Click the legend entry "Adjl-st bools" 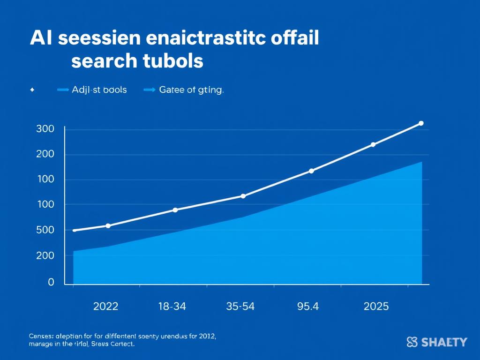tap(99, 90)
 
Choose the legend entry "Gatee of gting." tap(191, 90)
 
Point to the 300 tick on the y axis tap(45, 129)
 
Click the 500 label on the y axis tap(45, 230)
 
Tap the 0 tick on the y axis tap(51, 282)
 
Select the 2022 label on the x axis tap(106, 307)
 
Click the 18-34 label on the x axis tap(172, 307)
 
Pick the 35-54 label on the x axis tap(240, 307)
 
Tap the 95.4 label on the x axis tap(308, 307)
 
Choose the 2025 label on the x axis tap(376, 307)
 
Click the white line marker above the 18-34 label tap(175, 210)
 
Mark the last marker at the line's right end tap(420, 123)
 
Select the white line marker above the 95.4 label tap(311, 171)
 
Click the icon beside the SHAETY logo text tap(412, 342)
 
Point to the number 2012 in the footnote tap(207, 336)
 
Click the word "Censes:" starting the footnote tap(41, 336)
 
